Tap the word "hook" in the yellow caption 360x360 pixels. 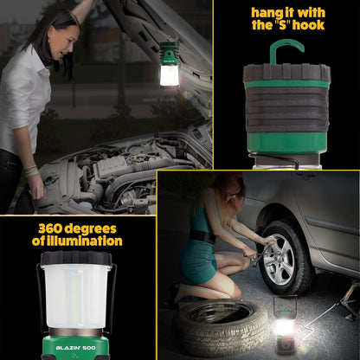pos(312,25)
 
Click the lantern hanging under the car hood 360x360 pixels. pos(169,66)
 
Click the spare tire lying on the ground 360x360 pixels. pos(221,327)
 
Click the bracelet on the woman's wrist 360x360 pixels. pos(32,172)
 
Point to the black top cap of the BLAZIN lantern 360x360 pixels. pos(75,258)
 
